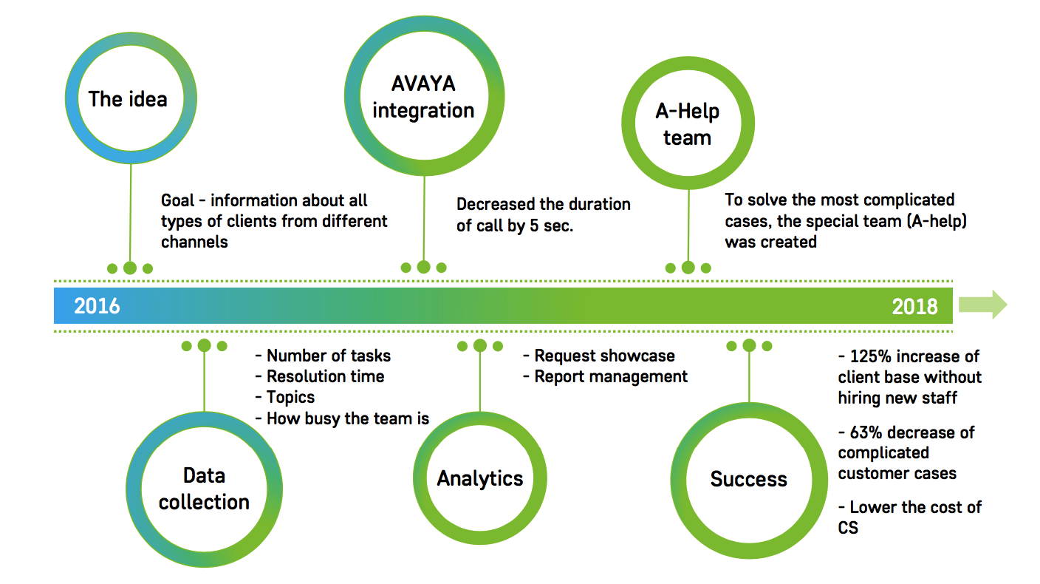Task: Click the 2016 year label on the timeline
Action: pyautogui.click(x=97, y=306)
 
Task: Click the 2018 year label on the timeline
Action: pyautogui.click(x=914, y=307)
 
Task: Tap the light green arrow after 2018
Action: pyautogui.click(x=983, y=305)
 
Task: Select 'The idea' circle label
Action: pyautogui.click(x=128, y=99)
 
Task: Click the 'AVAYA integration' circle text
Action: pyautogui.click(x=423, y=97)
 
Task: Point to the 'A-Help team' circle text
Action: pyautogui.click(x=687, y=124)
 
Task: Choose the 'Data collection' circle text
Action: pyautogui.click(x=205, y=489)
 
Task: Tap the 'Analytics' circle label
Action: pyautogui.click(x=480, y=478)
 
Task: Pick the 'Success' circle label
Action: pyautogui.click(x=748, y=479)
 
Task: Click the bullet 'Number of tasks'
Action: pyautogui.click(x=329, y=356)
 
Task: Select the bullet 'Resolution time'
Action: pyautogui.click(x=326, y=376)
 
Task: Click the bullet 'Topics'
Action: pyautogui.click(x=290, y=398)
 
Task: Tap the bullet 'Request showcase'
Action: pyautogui.click(x=604, y=356)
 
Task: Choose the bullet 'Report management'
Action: pyautogui.click(x=611, y=377)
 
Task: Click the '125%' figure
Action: pyautogui.click(x=871, y=356)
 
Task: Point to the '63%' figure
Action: pyautogui.click(x=866, y=432)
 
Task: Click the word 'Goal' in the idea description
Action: pyautogui.click(x=178, y=200)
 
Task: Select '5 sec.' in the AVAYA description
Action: pyautogui.click(x=552, y=225)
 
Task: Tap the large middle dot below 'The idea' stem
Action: pyautogui.click(x=130, y=268)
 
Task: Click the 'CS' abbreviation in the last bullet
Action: pyautogui.click(x=848, y=528)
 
